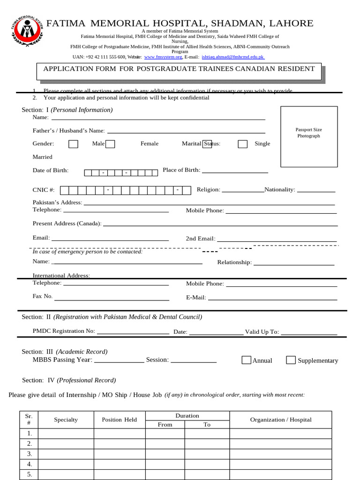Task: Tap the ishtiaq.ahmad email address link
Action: [x=233, y=57]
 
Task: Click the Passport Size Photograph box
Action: [x=309, y=136]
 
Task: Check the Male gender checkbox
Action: [x=73, y=144]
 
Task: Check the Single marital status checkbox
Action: [x=242, y=144]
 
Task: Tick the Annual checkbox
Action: [x=247, y=360]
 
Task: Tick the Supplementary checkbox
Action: [x=291, y=360]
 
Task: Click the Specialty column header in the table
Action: [x=66, y=420]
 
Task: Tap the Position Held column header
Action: [x=119, y=420]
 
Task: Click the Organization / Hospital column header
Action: [x=280, y=420]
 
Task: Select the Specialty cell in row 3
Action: [x=66, y=454]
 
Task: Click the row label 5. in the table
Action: [x=29, y=474]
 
